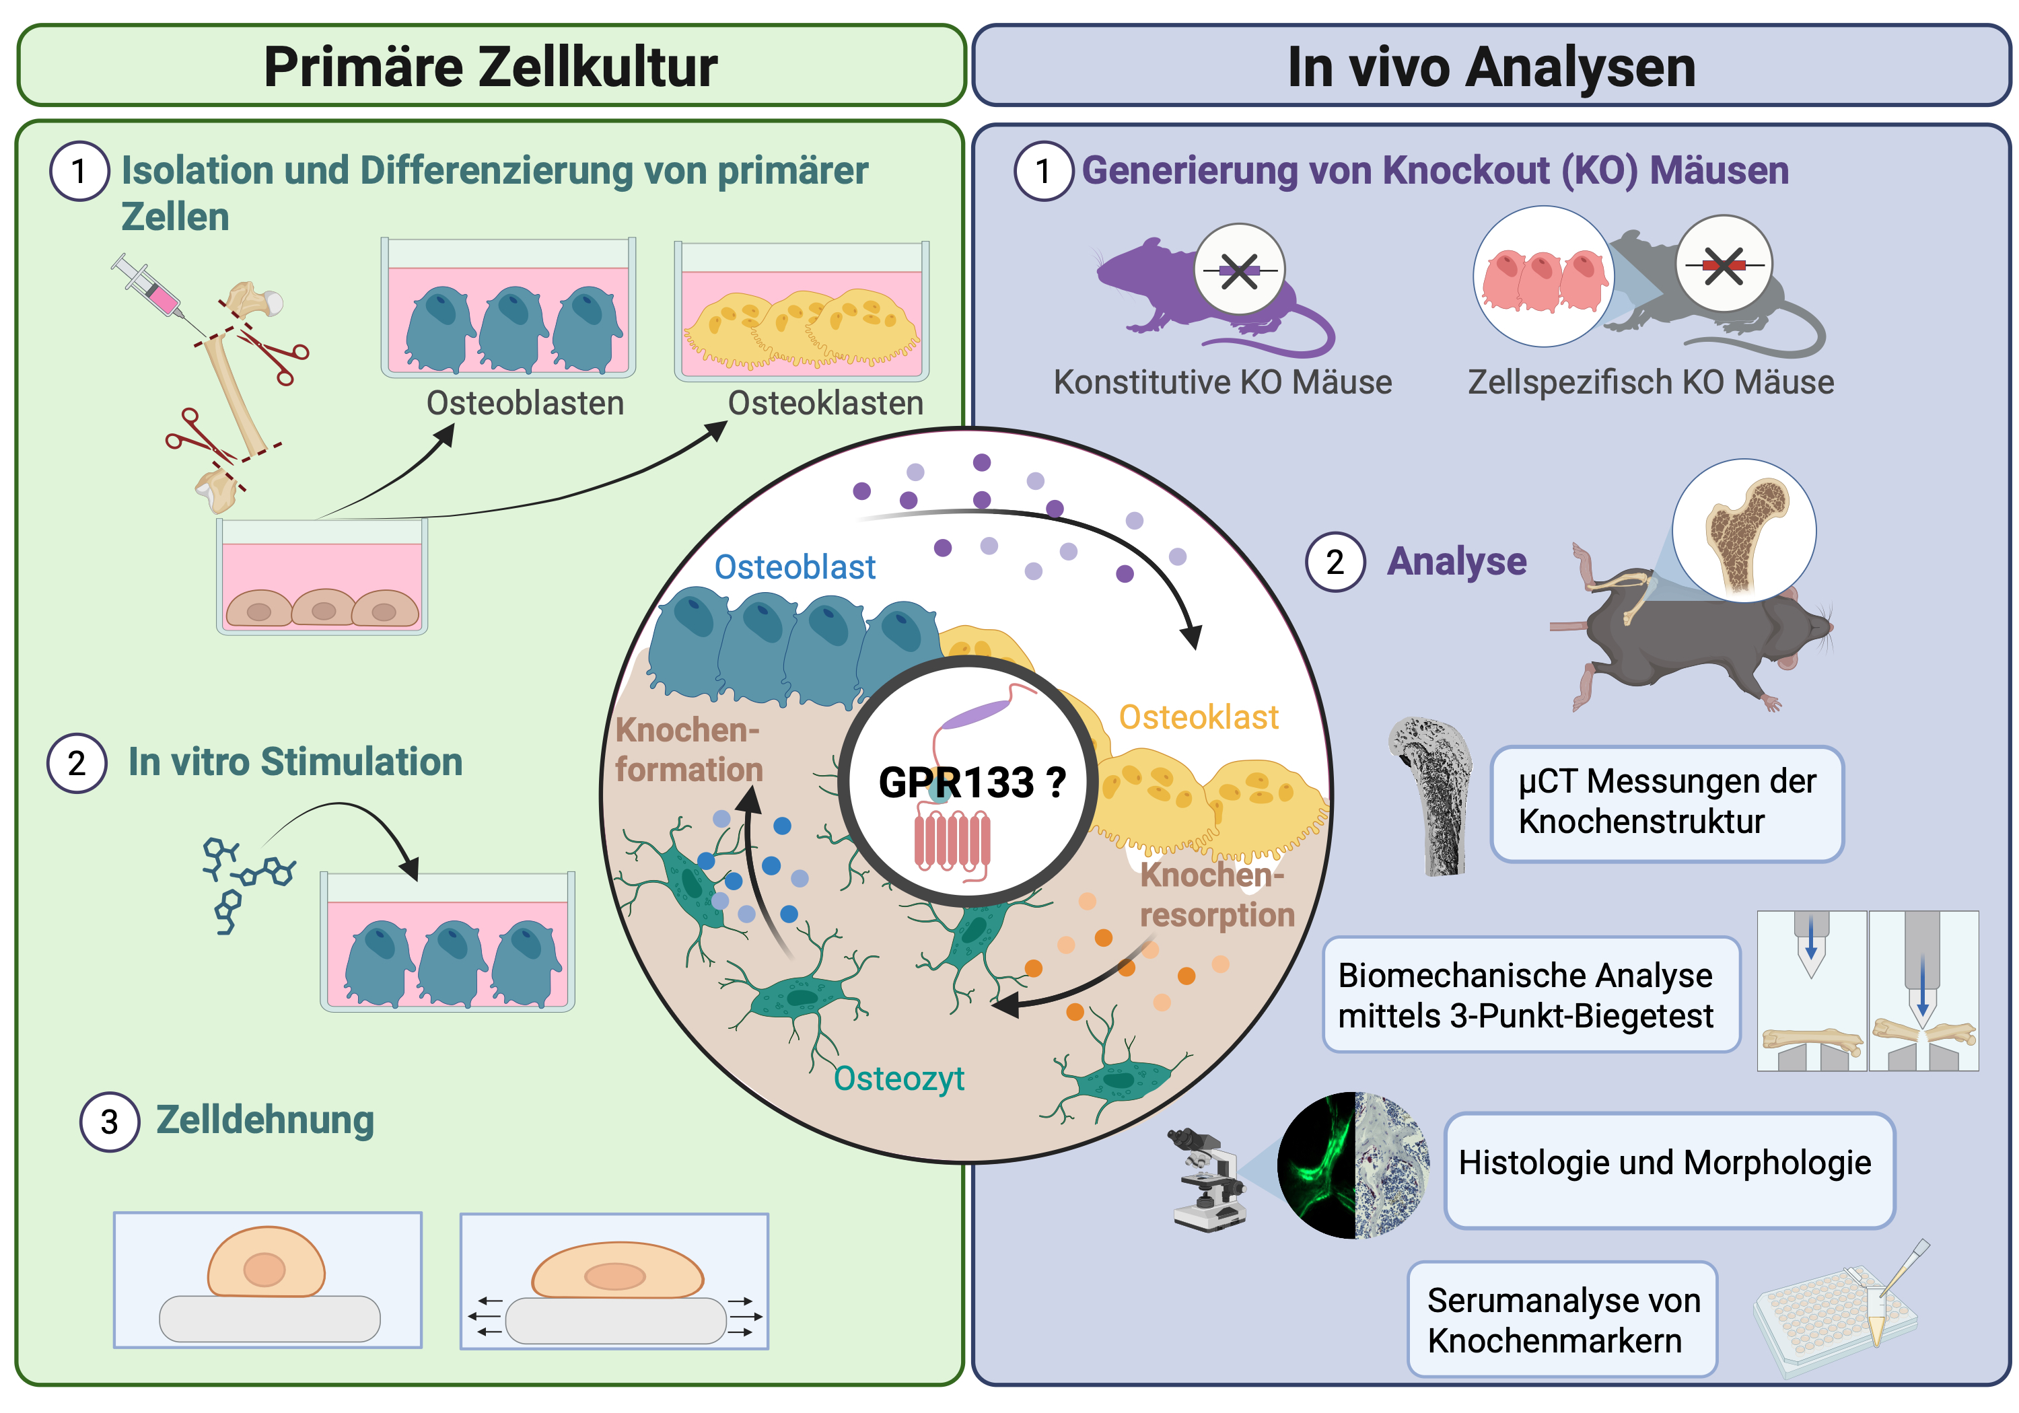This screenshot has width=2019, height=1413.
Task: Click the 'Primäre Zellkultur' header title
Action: pos(491,67)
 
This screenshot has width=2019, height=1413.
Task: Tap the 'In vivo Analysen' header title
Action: pos(1491,67)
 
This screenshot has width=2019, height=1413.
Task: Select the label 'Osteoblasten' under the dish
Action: pos(525,403)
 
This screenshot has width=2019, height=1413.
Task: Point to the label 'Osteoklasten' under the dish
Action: pos(826,403)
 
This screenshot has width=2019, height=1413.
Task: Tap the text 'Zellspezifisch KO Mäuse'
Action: pos(1651,382)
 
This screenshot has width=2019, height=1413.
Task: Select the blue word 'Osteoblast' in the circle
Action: pos(794,567)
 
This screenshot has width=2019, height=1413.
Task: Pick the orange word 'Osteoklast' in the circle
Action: pos(1198,717)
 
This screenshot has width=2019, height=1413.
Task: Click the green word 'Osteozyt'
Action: pos(898,1078)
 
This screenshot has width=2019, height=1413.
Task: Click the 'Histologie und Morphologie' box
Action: pos(1668,1169)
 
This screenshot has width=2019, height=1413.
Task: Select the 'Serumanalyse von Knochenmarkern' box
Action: pos(1562,1319)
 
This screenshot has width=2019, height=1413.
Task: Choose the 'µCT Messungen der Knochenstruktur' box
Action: pos(1666,802)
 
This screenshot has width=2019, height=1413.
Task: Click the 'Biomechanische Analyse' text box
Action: pos(1530,994)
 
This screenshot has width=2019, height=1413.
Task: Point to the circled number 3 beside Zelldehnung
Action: pos(109,1122)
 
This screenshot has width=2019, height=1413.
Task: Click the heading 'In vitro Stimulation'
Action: pos(295,762)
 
